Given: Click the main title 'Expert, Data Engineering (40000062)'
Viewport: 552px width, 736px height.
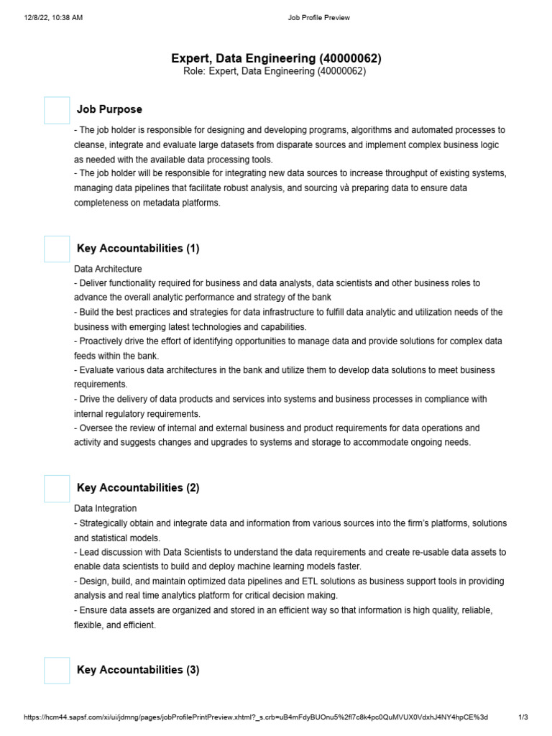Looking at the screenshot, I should [x=276, y=57].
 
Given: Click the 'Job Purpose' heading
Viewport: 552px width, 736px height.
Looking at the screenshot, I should [x=109, y=109].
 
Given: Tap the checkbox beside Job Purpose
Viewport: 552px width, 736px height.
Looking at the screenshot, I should [x=57, y=110].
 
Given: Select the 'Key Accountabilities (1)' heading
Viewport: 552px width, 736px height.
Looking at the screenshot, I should [x=138, y=249].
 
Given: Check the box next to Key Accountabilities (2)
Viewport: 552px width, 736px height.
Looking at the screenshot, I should [x=57, y=488].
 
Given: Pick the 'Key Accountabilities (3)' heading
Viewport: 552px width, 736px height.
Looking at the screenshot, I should [x=138, y=670].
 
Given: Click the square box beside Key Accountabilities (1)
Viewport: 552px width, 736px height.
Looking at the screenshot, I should [x=57, y=249].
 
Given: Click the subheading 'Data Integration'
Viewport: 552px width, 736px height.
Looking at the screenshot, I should [x=105, y=508].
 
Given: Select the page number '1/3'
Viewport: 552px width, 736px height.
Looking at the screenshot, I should [x=523, y=717].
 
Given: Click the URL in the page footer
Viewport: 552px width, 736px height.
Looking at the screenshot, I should [x=256, y=717].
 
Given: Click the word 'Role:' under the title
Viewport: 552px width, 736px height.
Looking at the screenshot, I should [x=195, y=72].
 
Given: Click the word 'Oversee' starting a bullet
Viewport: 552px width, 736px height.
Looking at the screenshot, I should [x=96, y=428].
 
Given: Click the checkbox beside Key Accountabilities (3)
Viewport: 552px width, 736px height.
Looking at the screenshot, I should [x=57, y=670].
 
